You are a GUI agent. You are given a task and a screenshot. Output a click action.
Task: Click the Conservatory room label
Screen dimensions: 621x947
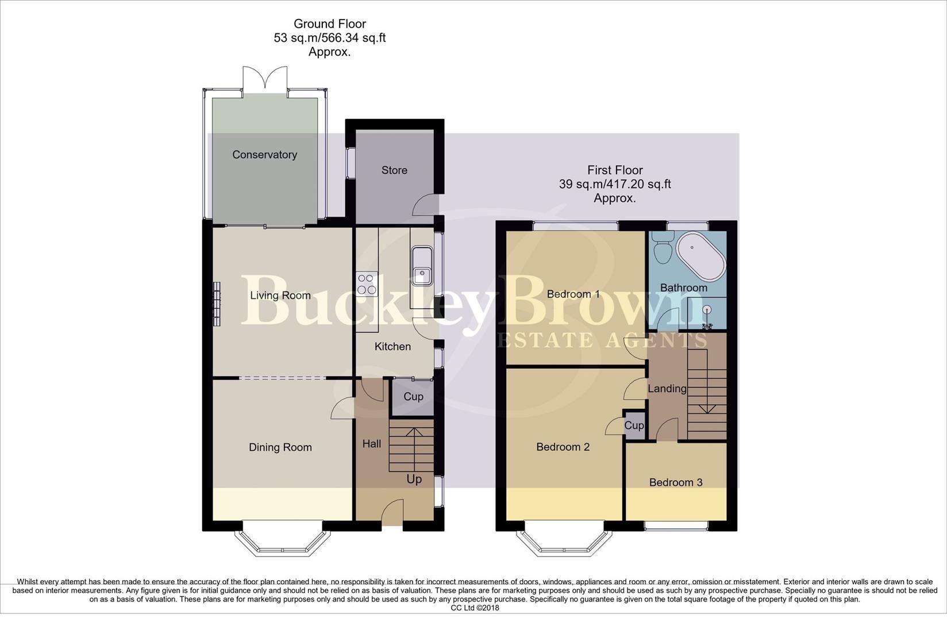tap(264, 155)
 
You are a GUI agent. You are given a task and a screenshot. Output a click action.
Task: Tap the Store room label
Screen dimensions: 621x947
tap(394, 170)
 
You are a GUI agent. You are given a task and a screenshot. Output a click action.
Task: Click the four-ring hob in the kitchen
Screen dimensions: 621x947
tap(367, 283)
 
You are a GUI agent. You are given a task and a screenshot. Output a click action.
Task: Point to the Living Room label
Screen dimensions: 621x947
tap(280, 296)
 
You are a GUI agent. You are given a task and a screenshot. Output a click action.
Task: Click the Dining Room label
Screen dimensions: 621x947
tap(280, 447)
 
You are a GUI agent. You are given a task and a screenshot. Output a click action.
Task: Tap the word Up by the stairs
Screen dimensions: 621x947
tap(414, 479)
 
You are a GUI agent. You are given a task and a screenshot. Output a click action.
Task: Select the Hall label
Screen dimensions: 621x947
tap(372, 444)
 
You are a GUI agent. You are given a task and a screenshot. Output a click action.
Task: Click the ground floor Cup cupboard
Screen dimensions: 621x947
tap(413, 397)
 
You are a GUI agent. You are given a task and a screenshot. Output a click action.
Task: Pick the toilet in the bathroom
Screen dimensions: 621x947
tap(664, 247)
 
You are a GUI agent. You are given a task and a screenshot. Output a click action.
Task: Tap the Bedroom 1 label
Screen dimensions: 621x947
tap(573, 294)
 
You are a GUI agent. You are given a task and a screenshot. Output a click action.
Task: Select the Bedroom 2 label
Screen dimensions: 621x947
tap(563, 447)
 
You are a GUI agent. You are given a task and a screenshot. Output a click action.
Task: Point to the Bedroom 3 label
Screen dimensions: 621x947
tap(675, 482)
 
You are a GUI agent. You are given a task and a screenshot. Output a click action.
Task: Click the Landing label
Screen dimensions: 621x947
tap(667, 389)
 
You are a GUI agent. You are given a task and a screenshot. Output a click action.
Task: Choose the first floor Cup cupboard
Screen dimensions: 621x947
tap(634, 425)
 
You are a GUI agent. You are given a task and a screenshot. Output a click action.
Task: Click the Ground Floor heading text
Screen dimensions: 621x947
tap(329, 24)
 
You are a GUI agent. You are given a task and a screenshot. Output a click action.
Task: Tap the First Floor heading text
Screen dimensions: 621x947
tap(615, 170)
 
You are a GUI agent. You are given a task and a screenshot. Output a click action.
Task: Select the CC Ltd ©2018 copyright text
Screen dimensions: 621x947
tap(475, 608)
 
